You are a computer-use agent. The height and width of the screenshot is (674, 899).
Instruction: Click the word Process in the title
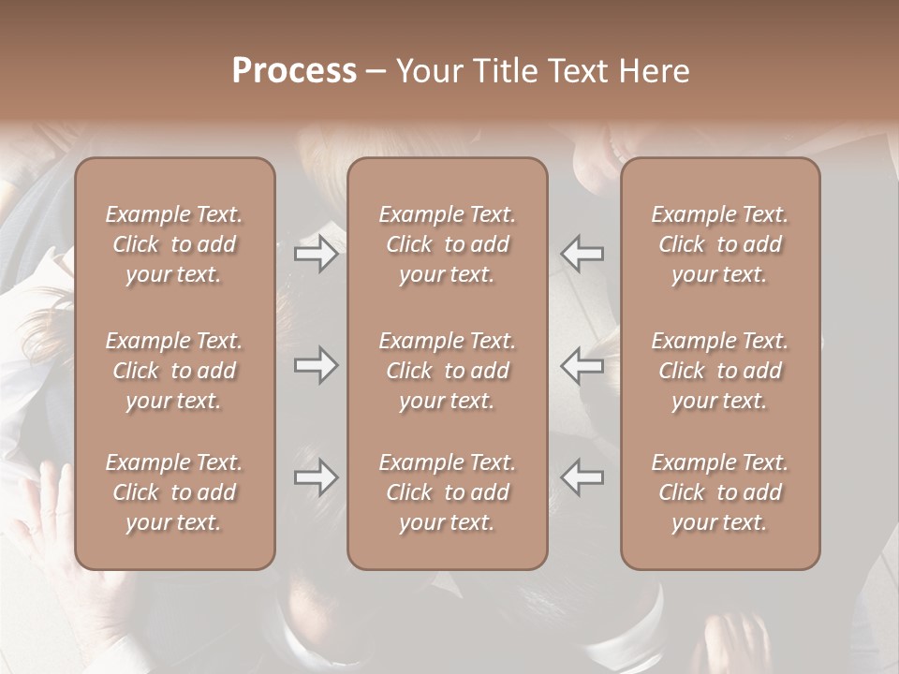tap(294, 71)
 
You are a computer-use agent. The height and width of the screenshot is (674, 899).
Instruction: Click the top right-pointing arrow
tap(316, 254)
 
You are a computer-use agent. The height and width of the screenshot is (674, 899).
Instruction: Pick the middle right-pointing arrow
tap(316, 365)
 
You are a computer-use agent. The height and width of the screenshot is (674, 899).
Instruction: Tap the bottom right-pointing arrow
tap(316, 476)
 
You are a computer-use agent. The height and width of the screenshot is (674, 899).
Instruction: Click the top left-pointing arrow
tap(582, 254)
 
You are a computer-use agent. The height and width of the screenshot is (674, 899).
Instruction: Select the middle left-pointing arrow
tap(582, 365)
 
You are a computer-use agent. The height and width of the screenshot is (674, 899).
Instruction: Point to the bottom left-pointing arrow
tap(582, 476)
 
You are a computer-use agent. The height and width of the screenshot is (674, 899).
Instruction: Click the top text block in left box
tap(174, 244)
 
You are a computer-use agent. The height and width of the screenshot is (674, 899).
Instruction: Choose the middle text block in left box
tap(174, 371)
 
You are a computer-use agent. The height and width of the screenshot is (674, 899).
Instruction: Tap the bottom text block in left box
tap(174, 492)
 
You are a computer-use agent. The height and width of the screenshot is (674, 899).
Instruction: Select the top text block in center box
tap(447, 244)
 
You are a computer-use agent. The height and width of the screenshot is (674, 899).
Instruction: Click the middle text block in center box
tap(447, 371)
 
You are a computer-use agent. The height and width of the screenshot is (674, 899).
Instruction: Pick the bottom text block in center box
tap(447, 492)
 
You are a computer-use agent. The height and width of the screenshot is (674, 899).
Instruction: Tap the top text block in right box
tap(719, 244)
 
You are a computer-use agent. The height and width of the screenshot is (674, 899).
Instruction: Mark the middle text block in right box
tap(719, 371)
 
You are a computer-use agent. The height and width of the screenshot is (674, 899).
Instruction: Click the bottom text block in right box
tap(719, 492)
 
